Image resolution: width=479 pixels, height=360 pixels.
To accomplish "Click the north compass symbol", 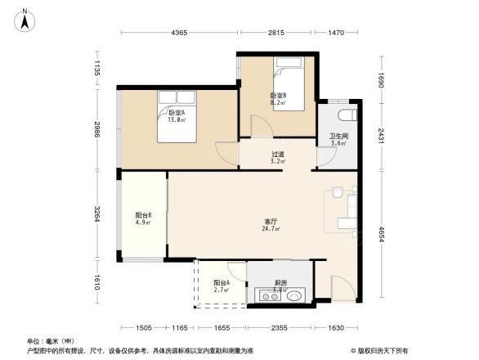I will [26, 20].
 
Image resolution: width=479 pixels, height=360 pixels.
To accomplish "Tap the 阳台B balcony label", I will [143, 218].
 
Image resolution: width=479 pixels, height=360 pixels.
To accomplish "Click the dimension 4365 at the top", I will [179, 33].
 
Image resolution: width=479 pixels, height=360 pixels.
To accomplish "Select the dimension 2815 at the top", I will [275, 33].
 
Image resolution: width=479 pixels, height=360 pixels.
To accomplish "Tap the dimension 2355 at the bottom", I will [280, 328].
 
